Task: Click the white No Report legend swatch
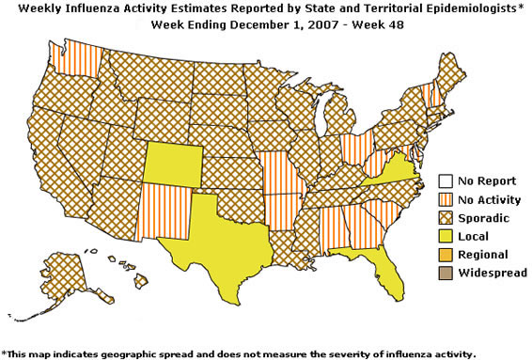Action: tap(448, 181)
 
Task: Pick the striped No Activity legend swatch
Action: tap(448, 199)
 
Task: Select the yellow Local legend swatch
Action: tap(448, 236)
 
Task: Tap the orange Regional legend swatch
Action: tap(448, 255)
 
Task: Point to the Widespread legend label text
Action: tap(494, 273)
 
